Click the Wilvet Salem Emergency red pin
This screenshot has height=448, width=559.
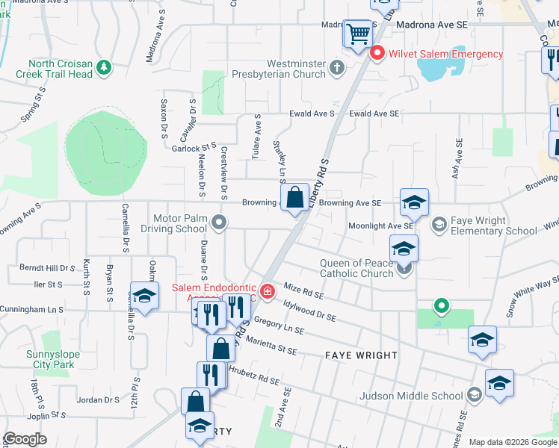[377, 53]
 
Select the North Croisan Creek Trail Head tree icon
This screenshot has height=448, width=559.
[105, 68]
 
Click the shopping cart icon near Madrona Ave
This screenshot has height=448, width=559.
[358, 33]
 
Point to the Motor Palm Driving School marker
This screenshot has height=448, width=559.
[219, 222]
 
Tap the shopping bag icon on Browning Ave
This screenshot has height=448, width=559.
[296, 199]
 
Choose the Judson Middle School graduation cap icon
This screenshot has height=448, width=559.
[473, 395]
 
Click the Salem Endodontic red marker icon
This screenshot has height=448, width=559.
[266, 289]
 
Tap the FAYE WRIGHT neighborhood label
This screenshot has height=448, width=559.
[361, 355]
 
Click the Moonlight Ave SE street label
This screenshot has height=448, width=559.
[380, 225]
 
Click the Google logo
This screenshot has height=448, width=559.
[25, 439]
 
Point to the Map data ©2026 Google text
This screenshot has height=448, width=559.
[512, 442]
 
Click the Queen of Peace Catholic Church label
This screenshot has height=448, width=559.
[356, 268]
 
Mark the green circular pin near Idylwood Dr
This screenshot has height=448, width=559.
[442, 305]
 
